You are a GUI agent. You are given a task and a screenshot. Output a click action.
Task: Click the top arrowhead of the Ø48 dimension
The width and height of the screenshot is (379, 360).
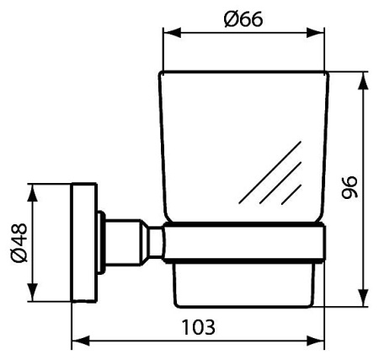pyautogui.click(x=34, y=188)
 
